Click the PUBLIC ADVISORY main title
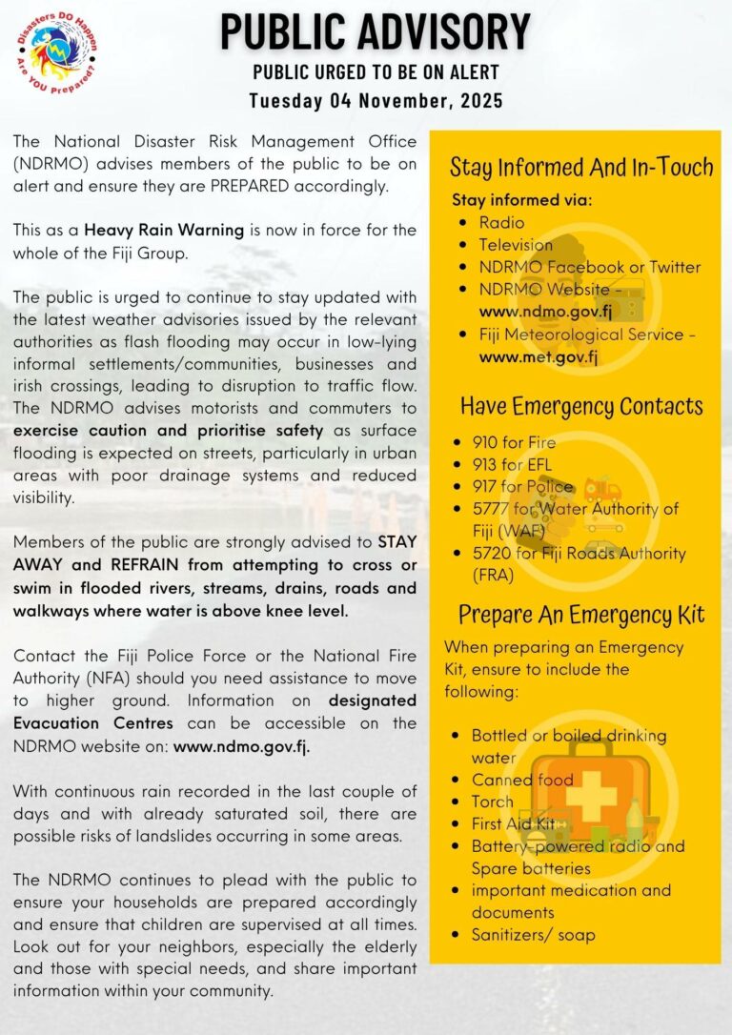pos(376,32)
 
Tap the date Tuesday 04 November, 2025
pos(376,100)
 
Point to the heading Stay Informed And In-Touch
pos(581,169)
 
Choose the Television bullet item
pos(516,245)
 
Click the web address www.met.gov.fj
pos(539,357)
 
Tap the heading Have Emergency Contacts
pos(581,406)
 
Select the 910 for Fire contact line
pos(514,442)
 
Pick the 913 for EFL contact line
pos(512,465)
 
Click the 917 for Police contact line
pos(522,487)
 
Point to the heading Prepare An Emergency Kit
pos(581,615)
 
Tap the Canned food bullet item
pos(522,780)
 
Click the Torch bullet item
pos(492,802)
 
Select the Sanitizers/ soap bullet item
pos(533,935)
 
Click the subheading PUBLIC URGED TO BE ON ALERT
pos(376,73)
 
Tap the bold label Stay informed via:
pos(521,200)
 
